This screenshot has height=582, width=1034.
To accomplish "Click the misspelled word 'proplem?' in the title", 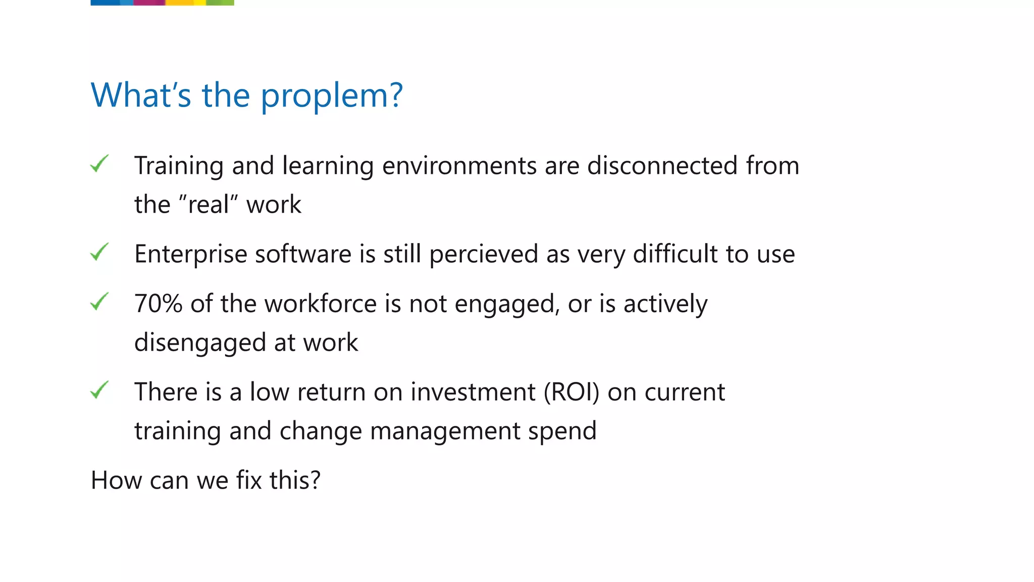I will click(332, 96).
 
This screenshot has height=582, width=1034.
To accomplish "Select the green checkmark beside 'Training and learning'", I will click(99, 164).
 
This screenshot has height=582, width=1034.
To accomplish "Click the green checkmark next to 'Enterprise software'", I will click(99, 252).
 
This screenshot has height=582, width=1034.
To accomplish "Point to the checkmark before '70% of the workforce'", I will click(99, 302).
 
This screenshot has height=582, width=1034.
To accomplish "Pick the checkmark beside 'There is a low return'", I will click(99, 390).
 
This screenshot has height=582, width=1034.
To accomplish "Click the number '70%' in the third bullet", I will click(158, 304).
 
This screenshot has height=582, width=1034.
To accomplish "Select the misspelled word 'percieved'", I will click(483, 254).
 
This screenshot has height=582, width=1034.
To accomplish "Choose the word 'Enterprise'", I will click(190, 254).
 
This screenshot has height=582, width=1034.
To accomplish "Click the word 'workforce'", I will click(320, 304).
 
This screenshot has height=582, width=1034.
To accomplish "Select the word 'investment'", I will click(473, 392).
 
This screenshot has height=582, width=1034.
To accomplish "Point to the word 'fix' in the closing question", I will click(249, 480).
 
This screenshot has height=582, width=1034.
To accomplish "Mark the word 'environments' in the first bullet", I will click(459, 166).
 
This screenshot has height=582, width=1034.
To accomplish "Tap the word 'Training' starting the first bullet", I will click(179, 166).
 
